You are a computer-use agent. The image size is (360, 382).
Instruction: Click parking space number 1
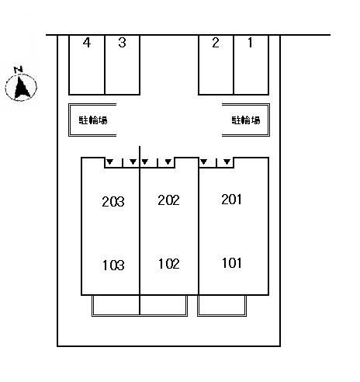coord(251,64)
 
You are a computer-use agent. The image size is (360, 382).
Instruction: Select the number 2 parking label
coord(216,43)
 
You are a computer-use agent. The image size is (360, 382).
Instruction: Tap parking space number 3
coord(123,64)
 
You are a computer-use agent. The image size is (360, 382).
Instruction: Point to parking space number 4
coord(87,64)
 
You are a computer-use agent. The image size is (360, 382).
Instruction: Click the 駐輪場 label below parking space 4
coord(93,120)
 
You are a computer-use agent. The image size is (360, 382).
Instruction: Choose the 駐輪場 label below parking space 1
coord(246,120)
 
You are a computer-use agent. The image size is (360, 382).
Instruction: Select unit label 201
coord(231,200)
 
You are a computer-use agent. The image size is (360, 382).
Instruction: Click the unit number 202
coord(168,200)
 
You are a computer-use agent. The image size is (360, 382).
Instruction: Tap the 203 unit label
coord(113,201)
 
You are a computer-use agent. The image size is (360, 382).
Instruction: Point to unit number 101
coord(232,263)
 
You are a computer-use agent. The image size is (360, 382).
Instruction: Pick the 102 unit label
coord(169,264)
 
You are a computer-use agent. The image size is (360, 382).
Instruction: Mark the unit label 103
coord(113,265)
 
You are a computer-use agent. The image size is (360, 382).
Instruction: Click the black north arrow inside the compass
coord(22,87)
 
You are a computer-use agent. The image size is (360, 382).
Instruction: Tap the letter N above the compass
coord(19,69)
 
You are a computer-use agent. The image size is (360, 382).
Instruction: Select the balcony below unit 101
coord(222,305)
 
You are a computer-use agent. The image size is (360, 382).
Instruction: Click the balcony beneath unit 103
coord(116,305)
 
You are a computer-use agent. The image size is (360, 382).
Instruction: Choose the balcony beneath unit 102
coord(164,305)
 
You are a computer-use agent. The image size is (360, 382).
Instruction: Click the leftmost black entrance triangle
coord(110,161)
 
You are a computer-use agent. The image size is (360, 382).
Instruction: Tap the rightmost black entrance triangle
coord(227,161)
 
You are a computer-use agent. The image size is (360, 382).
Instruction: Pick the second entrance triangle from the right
coord(204,161)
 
